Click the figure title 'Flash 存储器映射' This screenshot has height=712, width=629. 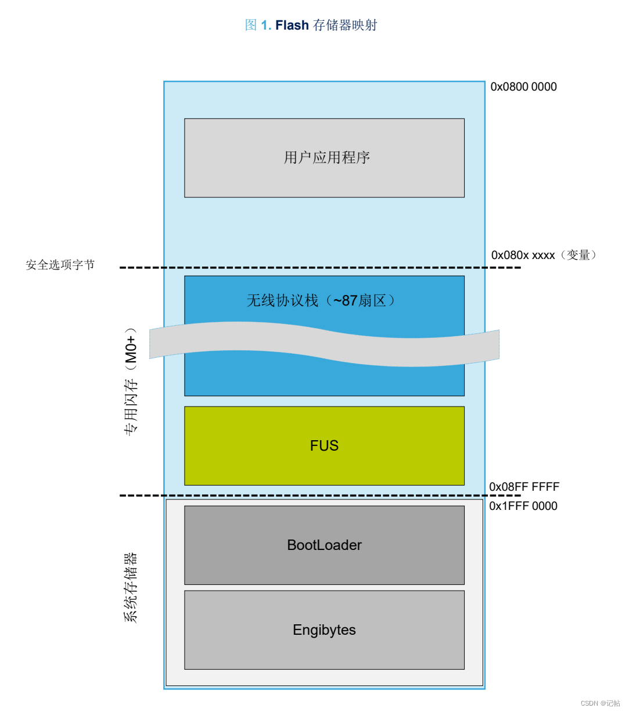(x=326, y=25)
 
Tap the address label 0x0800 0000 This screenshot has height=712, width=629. (x=523, y=87)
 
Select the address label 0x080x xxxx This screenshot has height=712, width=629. (x=523, y=255)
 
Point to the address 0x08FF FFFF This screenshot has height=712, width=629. (x=524, y=487)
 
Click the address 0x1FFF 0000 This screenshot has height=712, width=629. (x=523, y=506)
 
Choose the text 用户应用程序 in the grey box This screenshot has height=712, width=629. (x=326, y=157)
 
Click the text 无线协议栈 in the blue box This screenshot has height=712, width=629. (x=282, y=300)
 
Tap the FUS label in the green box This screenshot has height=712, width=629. (x=324, y=445)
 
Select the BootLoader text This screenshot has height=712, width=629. (x=324, y=545)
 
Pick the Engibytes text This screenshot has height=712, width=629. (x=324, y=630)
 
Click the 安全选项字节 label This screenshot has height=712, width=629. (x=60, y=265)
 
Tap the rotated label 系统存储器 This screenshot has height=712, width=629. (x=131, y=587)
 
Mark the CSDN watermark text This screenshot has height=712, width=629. (x=600, y=703)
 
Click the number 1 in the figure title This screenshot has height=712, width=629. (x=265, y=25)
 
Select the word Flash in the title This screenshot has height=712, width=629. (x=292, y=25)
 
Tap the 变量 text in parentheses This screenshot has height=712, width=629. (x=578, y=255)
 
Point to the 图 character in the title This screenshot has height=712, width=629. (x=251, y=25)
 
